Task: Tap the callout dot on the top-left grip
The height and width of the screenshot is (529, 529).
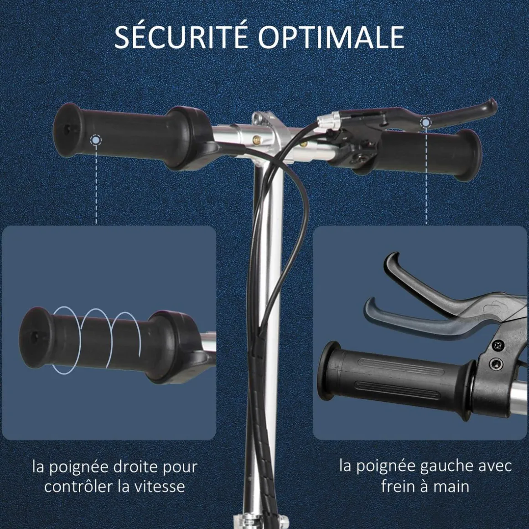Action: click(96, 140)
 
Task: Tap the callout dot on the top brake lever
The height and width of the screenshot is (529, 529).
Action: click(426, 123)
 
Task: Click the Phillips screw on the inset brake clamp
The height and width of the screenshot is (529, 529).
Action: click(499, 345)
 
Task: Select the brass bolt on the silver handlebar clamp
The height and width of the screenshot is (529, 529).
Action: click(257, 139)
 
